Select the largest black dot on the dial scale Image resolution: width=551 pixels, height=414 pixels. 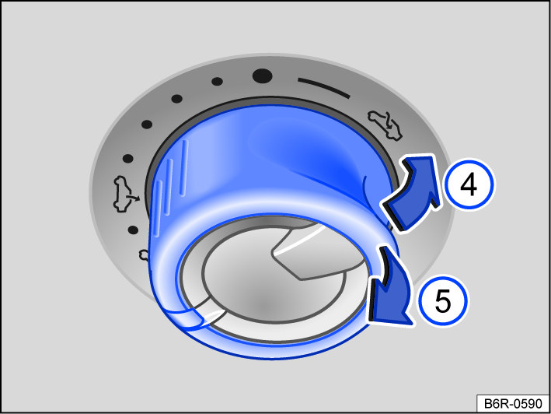[263, 76]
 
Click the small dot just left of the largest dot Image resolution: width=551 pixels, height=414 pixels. [218, 80]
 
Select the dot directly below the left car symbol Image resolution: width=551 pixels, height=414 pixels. [133, 230]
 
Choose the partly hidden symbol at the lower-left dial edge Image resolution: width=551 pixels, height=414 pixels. [144, 254]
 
